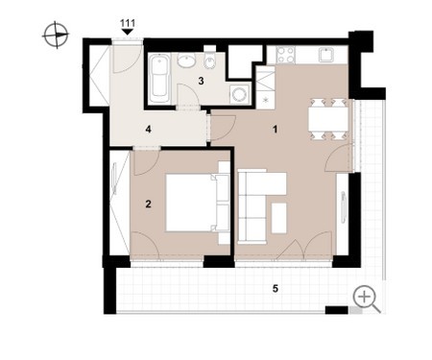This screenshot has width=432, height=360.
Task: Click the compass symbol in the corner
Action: coord(56,35)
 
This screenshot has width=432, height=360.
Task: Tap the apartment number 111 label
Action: coord(128,23)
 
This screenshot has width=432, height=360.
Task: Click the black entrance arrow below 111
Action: coord(128,32)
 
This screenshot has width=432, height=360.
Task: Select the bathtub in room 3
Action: coord(160,79)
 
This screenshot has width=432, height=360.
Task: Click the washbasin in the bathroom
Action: coord(186,60)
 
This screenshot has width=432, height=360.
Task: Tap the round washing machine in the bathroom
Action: coord(240,94)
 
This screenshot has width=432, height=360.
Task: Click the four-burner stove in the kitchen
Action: coord(286,55)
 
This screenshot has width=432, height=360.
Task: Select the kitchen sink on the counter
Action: coord(326,55)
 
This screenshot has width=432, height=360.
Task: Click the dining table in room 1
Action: coord(328,119)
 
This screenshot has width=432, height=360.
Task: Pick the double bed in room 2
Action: coord(198,203)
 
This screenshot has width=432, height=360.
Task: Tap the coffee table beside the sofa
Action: coord(278,218)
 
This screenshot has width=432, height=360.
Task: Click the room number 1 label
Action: coord(275,130)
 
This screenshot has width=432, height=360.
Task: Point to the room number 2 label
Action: coord(148,204)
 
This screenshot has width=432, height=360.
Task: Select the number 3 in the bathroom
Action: coord(201,81)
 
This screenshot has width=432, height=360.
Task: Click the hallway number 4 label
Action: coord(148,130)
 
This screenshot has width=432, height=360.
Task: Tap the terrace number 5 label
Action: coord(276,289)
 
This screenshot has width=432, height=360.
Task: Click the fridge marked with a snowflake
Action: coord(265,100)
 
